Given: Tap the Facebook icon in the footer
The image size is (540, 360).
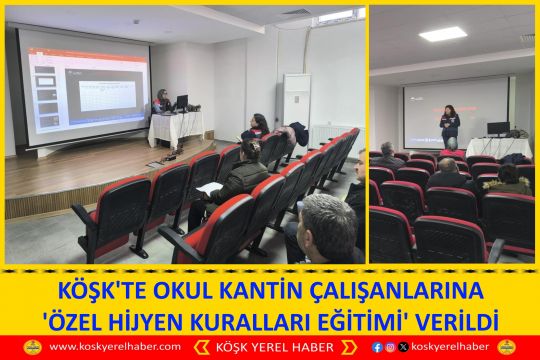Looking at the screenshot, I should pyautogui.click(x=377, y=347).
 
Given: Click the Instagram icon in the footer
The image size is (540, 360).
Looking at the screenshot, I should pyautogui.click(x=389, y=347).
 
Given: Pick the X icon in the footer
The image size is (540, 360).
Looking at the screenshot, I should pyautogui.click(x=401, y=347).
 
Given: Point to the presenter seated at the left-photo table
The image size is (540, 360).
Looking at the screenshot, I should pyautogui.click(x=162, y=101).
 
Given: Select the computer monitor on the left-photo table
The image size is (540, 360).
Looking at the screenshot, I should pyautogui.click(x=181, y=102).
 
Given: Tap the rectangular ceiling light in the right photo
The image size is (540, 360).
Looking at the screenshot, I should pyautogui.click(x=442, y=34).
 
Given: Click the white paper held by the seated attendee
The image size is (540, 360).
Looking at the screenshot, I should pyautogui.click(x=209, y=188).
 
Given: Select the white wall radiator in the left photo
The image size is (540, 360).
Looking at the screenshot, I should pyautogui.click(x=330, y=133).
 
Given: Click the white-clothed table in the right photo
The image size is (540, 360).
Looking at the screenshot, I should pyautogui.click(x=499, y=147).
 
